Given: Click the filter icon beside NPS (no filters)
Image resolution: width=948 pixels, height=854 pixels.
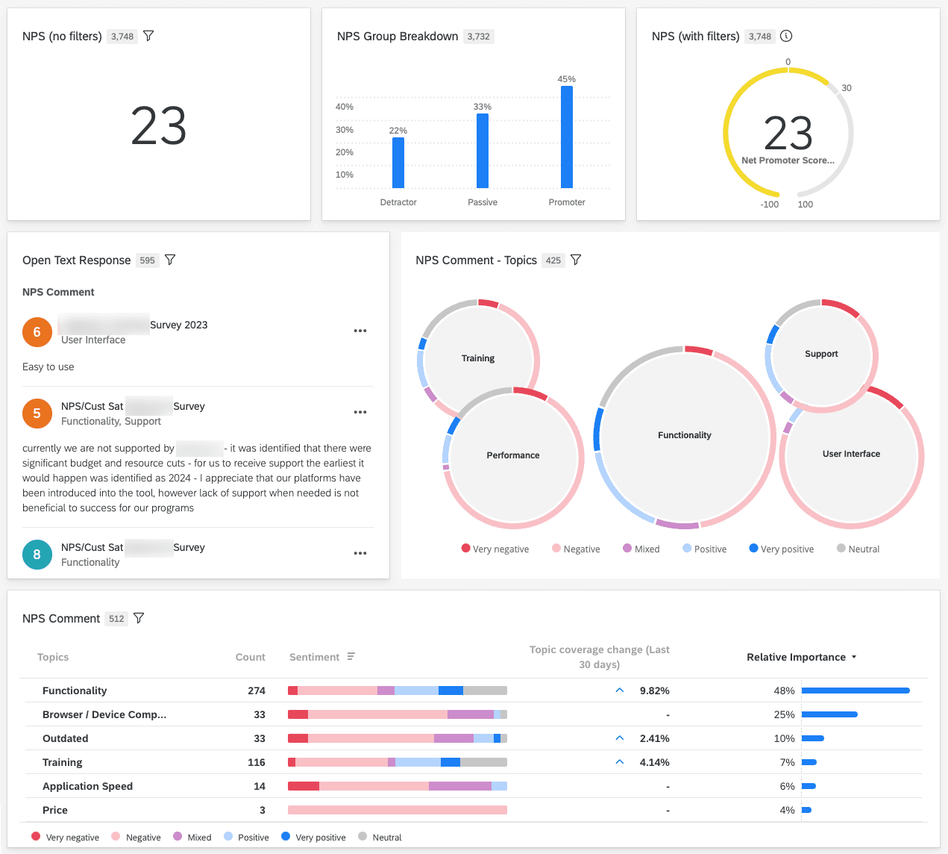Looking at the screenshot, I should (x=148, y=36).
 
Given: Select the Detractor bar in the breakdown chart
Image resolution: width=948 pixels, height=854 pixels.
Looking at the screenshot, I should (x=398, y=163).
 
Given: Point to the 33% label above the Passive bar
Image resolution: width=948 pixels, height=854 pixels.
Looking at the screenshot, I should (x=483, y=107).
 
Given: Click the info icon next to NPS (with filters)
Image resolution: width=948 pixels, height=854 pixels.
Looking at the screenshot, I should (x=786, y=36).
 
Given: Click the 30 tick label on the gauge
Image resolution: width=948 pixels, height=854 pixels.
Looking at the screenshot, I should (x=847, y=88).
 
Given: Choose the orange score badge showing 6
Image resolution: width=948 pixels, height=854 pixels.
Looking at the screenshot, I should (x=37, y=332).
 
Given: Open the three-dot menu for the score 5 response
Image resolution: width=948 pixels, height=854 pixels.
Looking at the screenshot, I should (x=360, y=412).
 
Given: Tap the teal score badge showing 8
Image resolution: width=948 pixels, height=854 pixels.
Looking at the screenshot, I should (x=37, y=555).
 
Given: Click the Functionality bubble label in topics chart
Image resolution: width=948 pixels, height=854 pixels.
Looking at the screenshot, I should (x=684, y=435).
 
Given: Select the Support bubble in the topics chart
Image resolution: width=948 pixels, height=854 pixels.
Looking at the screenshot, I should (x=821, y=354).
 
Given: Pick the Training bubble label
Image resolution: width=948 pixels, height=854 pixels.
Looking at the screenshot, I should (x=478, y=358).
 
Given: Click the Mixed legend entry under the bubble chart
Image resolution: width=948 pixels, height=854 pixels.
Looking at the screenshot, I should (x=641, y=549).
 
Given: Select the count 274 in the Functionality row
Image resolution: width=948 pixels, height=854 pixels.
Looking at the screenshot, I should (x=257, y=691).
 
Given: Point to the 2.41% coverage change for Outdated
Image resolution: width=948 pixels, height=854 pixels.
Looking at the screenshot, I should (x=654, y=738).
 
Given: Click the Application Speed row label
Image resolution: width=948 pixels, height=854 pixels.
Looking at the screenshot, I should (x=87, y=786).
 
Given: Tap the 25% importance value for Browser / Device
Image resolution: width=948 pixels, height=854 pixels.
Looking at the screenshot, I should (x=784, y=714).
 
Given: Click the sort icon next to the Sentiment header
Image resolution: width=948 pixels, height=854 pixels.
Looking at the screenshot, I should (x=351, y=657).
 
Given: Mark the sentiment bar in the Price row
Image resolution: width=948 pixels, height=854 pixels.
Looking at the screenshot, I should (x=397, y=810).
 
